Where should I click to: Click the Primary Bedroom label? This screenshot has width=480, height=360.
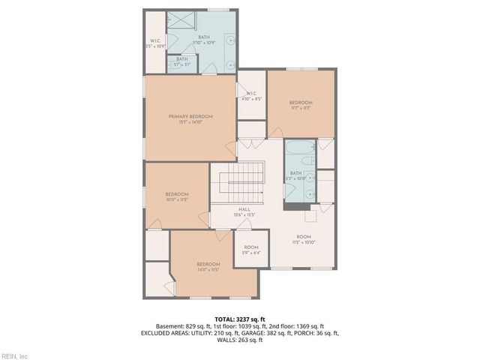click(190, 116)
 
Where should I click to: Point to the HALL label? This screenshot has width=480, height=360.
click(244, 209)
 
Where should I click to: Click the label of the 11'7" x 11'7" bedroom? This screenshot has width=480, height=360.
click(301, 102)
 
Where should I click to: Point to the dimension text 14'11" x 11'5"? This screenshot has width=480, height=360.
click(208, 269)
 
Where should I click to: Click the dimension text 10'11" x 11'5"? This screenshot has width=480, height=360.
click(176, 199)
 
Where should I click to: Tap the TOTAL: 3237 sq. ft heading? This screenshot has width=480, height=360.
click(239, 319)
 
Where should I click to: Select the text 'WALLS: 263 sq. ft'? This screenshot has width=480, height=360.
click(239, 340)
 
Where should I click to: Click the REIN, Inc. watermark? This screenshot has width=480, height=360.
click(14, 355)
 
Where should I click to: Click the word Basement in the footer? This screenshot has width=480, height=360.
click(169, 326)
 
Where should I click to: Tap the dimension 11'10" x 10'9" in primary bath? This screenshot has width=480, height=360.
click(204, 42)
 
